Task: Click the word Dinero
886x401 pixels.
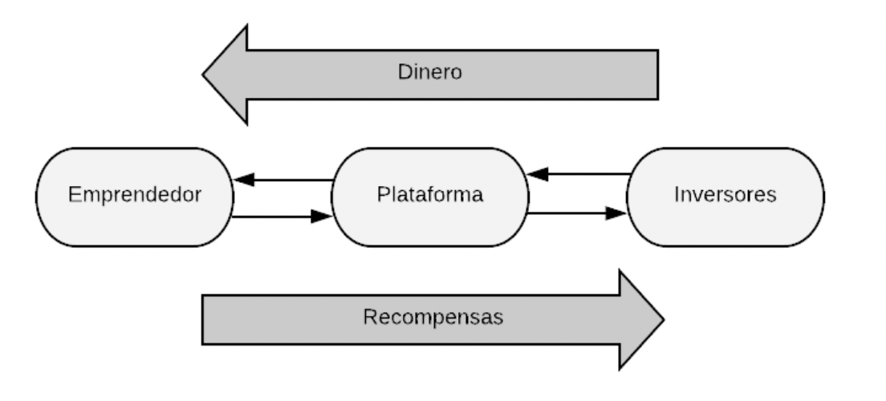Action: pos(430,71)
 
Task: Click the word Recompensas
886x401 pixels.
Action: pos(433,318)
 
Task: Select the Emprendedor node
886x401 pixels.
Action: pos(134,195)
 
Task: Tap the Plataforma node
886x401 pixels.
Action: pos(430,195)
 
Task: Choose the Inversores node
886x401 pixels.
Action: pos(725,195)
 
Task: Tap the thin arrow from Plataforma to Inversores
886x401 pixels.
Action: pos(578,213)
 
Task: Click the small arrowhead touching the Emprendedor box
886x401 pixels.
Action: pos(243,180)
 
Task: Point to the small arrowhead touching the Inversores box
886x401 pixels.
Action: pos(616,213)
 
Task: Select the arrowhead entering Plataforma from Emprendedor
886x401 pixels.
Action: pos(322,217)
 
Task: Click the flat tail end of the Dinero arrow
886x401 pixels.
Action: pos(656,75)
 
